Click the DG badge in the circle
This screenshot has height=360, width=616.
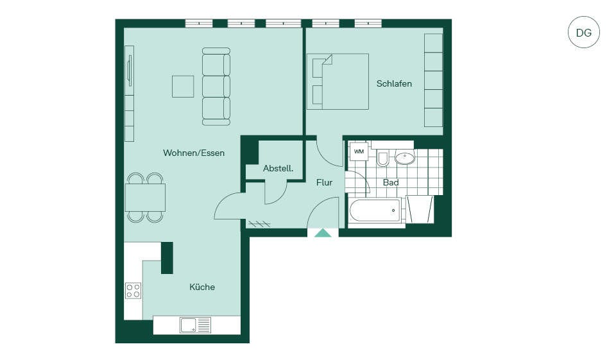(x=584, y=32)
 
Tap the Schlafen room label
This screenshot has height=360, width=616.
(x=394, y=83)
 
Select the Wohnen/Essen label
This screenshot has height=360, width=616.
(x=194, y=153)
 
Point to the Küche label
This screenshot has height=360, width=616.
(x=202, y=287)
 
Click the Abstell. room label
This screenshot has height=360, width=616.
(x=278, y=168)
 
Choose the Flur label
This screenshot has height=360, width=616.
(x=324, y=182)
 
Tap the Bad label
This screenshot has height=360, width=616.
(x=391, y=182)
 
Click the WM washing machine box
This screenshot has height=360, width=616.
(x=359, y=151)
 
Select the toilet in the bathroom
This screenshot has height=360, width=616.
(x=382, y=158)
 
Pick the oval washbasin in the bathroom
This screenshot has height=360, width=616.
(x=405, y=158)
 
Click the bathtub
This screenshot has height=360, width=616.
(x=375, y=210)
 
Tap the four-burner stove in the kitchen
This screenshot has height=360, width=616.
(x=133, y=291)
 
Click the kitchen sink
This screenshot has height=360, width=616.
(x=195, y=325)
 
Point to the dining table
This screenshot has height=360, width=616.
(x=145, y=197)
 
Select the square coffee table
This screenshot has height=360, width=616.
(x=183, y=87)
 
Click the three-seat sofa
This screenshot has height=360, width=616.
(x=216, y=87)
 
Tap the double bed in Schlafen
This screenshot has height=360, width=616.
(x=338, y=81)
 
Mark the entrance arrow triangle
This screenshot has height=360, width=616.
(x=323, y=233)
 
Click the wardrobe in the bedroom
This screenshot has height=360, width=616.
(x=433, y=80)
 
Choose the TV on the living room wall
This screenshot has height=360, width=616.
(x=130, y=71)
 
